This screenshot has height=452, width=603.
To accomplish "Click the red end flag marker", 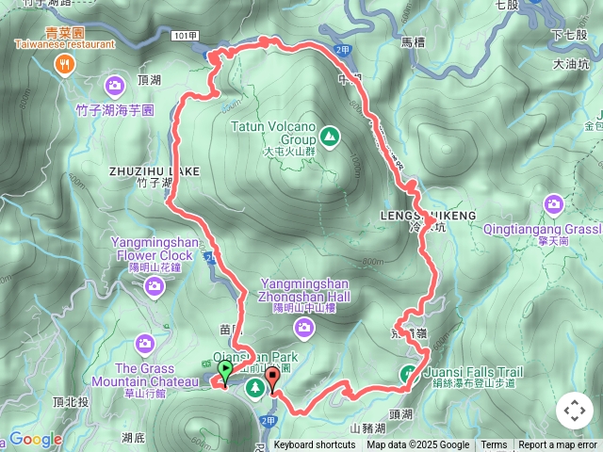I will tap(273, 379).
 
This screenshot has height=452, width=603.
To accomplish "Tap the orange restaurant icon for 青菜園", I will tap(65, 65).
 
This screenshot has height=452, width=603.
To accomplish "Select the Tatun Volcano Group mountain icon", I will tap(329, 137).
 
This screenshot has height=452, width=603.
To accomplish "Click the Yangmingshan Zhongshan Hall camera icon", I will tap(303, 327).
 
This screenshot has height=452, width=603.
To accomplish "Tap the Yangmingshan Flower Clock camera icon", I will tap(154, 285).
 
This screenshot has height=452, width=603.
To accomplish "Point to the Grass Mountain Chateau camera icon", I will tap(144, 345).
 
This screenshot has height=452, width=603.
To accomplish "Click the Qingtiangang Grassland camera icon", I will tap(554, 203).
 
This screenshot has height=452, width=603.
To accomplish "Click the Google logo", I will tap(35, 440).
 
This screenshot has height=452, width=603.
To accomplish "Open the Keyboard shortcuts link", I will tap(315, 445).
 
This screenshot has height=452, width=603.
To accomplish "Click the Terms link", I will tap(494, 445).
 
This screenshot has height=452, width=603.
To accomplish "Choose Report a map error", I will tap(558, 445).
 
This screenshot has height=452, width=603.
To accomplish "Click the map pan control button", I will tap(574, 411).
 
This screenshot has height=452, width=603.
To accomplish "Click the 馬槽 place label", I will tap(415, 41).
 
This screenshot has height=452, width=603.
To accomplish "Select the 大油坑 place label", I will tap(572, 64).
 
